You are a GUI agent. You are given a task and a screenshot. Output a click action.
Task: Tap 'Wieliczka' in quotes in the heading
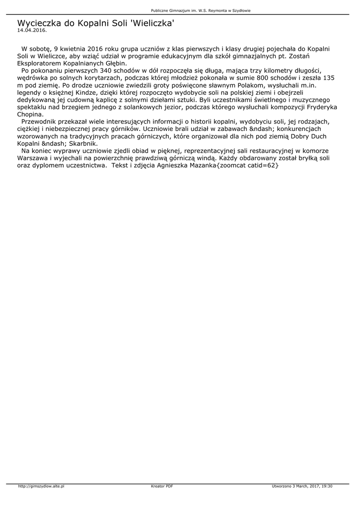pos(152,23)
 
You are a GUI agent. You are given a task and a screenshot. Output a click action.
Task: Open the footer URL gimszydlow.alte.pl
pos(41,486)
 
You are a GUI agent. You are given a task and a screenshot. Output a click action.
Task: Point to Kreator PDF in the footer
pos(162,486)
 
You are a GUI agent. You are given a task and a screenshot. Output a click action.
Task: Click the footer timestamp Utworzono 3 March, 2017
pos(302,486)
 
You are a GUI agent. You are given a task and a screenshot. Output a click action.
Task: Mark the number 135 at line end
pos(328,78)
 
